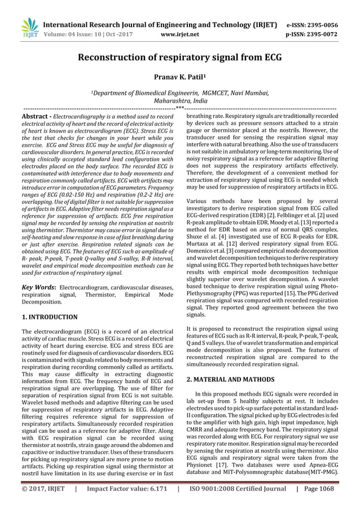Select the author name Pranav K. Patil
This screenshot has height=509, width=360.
[x=179, y=76]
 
